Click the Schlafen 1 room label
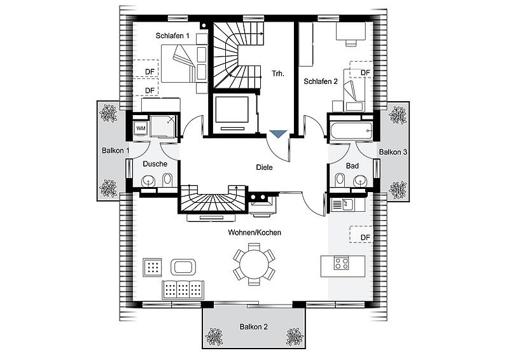pyautogui.click(x=172, y=36)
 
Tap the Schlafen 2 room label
pyautogui.click(x=321, y=81)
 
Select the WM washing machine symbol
pyautogui.click(x=141, y=128)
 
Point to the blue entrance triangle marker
pyautogui.click(x=278, y=134)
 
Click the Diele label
pyautogui.click(x=264, y=167)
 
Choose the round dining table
pyautogui.click(x=254, y=264)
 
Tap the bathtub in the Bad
pyautogui.click(x=351, y=132)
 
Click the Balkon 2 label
pyautogui.click(x=254, y=326)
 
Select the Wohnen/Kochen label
pyautogui.click(x=254, y=232)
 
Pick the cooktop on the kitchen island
pyautogui.click(x=342, y=263)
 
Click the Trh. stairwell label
pyautogui.click(x=278, y=74)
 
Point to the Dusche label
pyautogui.click(x=155, y=164)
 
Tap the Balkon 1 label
pyautogui.click(x=116, y=151)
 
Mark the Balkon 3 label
pyautogui.click(x=393, y=152)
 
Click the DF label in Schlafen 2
pyautogui.click(x=365, y=73)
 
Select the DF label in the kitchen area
pyautogui.click(x=365, y=238)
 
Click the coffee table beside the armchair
pyautogui.click(x=183, y=267)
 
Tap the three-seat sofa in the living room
pyautogui.click(x=183, y=290)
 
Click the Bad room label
pyautogui.click(x=352, y=166)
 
